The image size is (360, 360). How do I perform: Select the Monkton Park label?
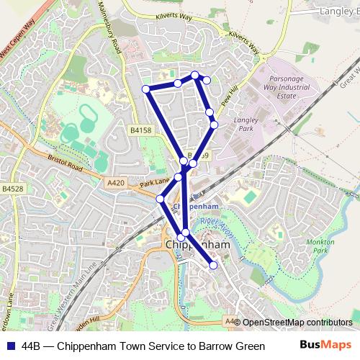321,248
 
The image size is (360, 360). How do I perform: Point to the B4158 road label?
142,130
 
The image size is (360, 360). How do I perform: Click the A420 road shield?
116,183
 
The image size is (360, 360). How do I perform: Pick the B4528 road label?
12,189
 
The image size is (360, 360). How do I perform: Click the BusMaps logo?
326,345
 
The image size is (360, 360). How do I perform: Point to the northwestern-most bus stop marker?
146,89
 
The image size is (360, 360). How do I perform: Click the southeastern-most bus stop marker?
213,266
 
